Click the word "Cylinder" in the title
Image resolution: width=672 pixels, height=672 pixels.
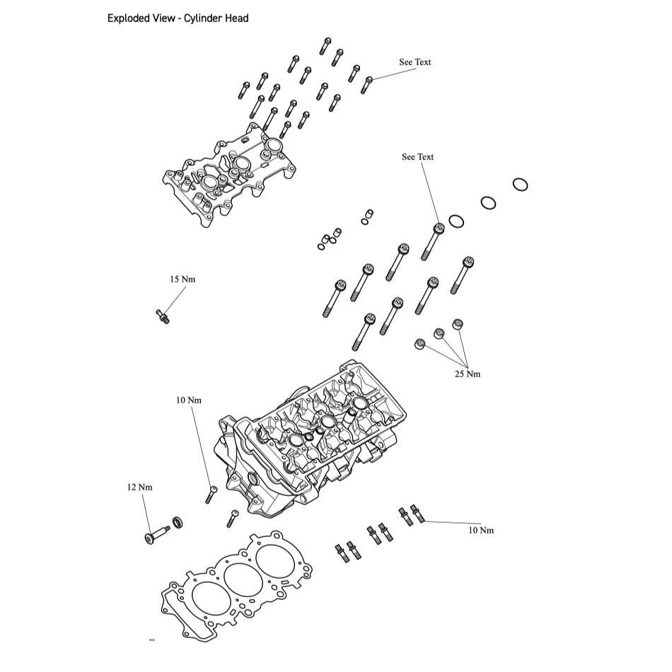[204, 18]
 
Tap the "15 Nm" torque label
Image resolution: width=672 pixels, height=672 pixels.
[183, 279]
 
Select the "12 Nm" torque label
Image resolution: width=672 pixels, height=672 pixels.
[140, 487]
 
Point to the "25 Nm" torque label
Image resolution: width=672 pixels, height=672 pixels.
[467, 373]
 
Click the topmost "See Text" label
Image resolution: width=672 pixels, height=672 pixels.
[415, 62]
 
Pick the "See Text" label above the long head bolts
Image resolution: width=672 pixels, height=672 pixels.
[417, 157]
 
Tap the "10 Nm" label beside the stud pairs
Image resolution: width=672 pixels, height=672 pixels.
[480, 530]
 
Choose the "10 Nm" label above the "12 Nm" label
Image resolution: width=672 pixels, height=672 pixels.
[190, 400]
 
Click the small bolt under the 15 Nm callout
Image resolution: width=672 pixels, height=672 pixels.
[162, 316]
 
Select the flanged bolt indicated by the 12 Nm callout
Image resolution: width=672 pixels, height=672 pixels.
[156, 533]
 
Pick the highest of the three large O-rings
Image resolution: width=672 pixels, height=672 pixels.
[520, 185]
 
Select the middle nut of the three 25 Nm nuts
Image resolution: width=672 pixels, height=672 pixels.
[439, 333]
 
